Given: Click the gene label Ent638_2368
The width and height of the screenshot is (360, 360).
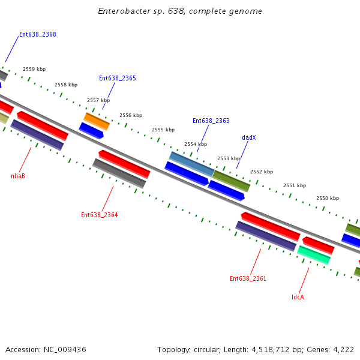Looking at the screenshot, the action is tap(37, 34).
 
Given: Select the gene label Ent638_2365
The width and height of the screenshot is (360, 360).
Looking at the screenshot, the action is tap(117, 78).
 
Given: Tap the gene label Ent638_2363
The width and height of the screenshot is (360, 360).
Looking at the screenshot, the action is tap(211, 121).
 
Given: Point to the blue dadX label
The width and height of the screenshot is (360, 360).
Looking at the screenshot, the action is tap(249, 137).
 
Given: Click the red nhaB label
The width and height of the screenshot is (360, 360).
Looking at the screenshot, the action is tap(18, 176).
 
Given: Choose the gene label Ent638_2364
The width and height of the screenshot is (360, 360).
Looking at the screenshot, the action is tap(99, 215).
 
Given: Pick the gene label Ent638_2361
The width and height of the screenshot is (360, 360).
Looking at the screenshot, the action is tap(248, 278).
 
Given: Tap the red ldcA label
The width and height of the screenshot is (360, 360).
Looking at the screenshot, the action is tap(298, 297).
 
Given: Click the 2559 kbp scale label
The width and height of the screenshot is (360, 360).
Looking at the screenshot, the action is tap(34, 70).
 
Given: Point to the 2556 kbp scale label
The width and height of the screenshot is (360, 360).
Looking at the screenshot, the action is tap(131, 115).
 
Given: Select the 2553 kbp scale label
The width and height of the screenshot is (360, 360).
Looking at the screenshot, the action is tap(229, 158).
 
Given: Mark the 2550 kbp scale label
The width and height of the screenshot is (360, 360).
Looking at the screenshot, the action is tap(328, 198).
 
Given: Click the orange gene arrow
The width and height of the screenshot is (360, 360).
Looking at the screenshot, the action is tap(97, 121).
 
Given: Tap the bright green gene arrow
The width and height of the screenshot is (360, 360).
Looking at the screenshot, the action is tap(314, 255).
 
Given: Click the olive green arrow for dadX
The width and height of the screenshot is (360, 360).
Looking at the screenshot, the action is tap(232, 181).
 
